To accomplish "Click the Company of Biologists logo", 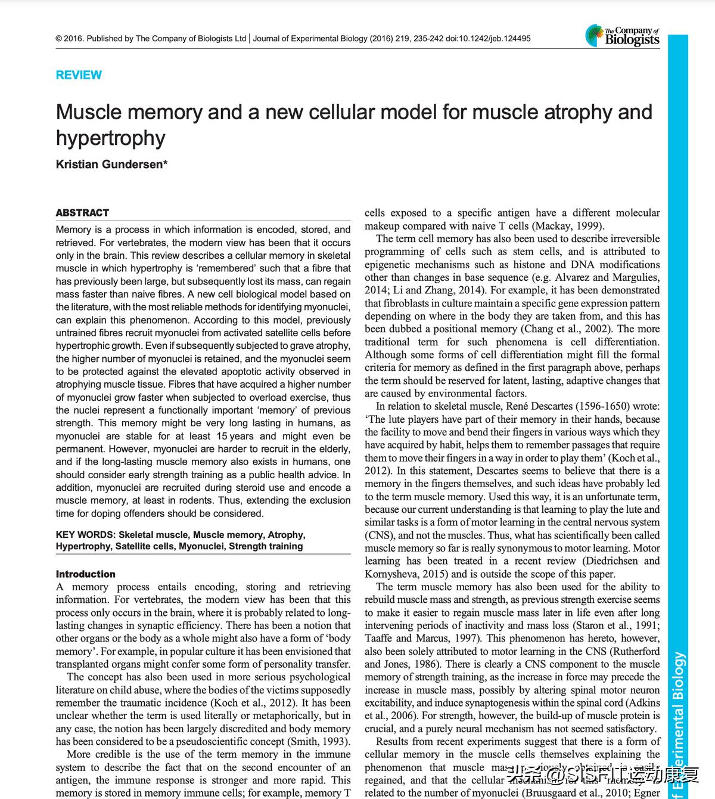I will pyautogui.click(x=623, y=36).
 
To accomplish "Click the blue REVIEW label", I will pyautogui.click(x=79, y=75).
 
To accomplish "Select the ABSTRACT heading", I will pyautogui.click(x=82, y=213).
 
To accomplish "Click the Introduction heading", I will pyautogui.click(x=86, y=574).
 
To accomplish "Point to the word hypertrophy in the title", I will pyautogui.click(x=111, y=138).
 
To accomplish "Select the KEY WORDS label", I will pyautogui.click(x=86, y=535).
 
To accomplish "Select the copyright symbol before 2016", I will pyautogui.click(x=59, y=39).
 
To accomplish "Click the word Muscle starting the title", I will pyautogui.click(x=92, y=112).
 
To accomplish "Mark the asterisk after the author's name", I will pyautogui.click(x=165, y=163).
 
